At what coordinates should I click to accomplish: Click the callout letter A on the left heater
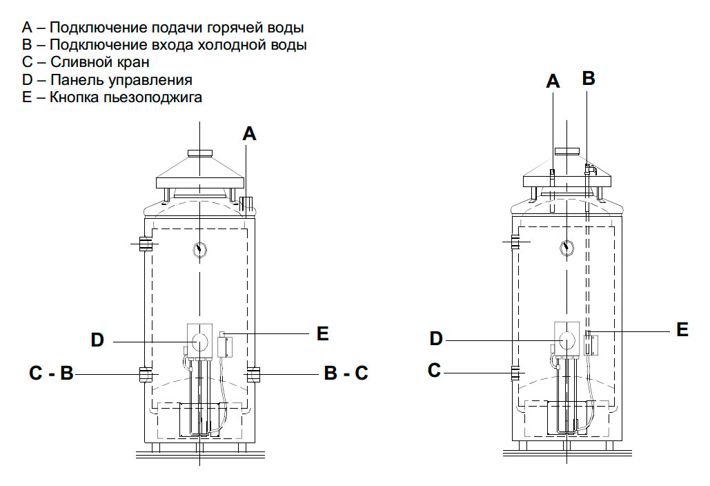[250, 134]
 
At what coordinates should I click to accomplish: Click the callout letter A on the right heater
[553, 81]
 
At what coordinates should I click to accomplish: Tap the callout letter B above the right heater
[588, 78]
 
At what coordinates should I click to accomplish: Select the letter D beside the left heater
[97, 340]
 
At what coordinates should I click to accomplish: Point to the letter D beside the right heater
[435, 338]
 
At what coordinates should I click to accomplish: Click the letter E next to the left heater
[322, 333]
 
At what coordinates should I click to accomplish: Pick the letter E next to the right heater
[682, 330]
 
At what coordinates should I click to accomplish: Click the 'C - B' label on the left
[51, 373]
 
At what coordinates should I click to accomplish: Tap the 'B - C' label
[346, 373]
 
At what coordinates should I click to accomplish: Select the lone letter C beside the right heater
[434, 371]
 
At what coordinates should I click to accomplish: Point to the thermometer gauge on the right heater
[567, 248]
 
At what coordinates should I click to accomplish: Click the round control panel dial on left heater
[199, 341]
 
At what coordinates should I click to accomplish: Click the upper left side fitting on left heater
[146, 244]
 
